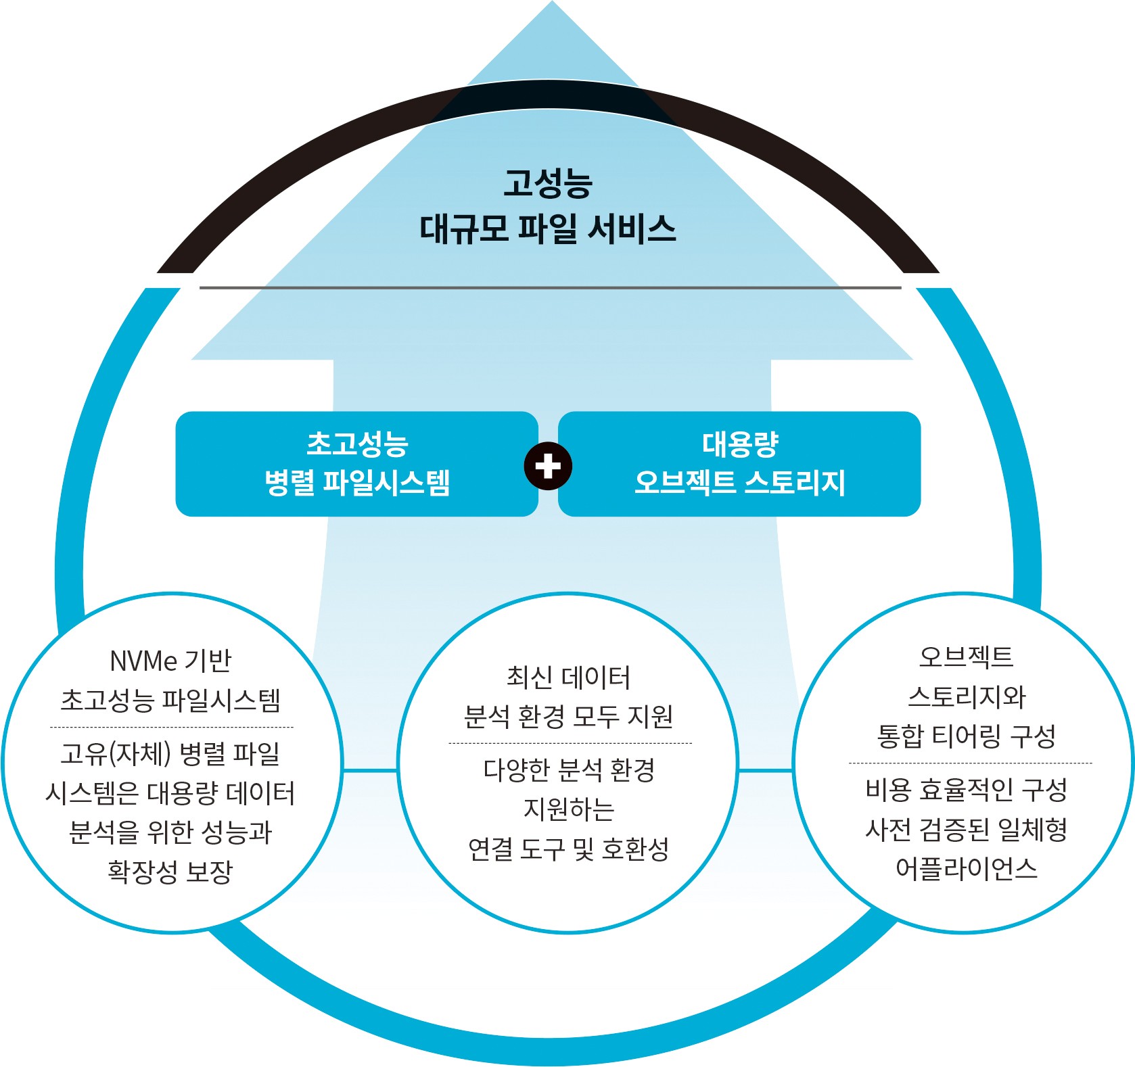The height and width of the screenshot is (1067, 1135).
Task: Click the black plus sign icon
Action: [548, 466]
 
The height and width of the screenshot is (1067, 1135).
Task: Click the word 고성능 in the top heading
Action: [548, 183]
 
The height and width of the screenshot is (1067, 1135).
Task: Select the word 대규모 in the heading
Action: [464, 229]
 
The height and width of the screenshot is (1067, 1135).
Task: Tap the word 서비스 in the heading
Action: [632, 229]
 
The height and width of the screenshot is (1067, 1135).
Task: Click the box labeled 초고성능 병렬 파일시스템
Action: [356, 464]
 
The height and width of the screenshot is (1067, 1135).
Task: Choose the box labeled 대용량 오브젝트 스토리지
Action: [739, 464]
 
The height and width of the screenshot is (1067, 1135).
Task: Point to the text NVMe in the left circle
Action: [143, 661]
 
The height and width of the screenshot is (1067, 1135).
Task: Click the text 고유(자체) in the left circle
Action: [116, 753]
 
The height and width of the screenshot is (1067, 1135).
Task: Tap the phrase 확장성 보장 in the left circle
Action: [170, 871]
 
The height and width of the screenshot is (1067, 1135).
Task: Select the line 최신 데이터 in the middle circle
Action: [568, 677]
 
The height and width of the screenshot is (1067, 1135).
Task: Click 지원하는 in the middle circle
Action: [569, 809]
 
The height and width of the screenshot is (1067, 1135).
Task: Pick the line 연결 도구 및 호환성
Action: [568, 849]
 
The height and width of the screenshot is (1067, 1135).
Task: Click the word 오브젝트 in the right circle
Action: [966, 656]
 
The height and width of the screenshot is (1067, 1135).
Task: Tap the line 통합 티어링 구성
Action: [966, 736]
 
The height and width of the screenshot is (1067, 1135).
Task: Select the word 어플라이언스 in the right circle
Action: [966, 868]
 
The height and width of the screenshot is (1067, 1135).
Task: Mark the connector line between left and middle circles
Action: [370, 770]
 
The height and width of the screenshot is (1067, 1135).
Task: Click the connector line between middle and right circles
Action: [766, 770]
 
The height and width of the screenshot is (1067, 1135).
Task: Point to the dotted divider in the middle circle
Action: [570, 743]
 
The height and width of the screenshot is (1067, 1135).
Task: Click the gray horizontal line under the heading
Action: [550, 287]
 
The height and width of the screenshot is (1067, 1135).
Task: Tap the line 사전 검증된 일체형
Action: [966, 829]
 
